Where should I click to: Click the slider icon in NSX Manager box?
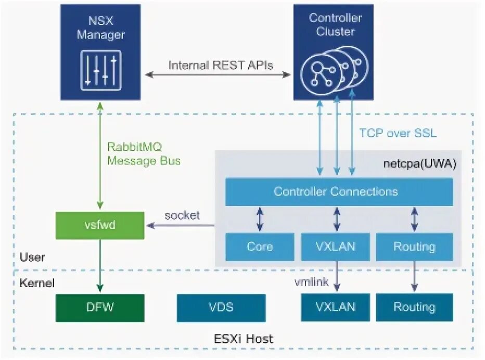point(100,70)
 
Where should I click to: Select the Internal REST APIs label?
point(221,66)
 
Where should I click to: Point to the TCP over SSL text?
point(398,133)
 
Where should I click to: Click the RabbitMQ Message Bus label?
point(144,154)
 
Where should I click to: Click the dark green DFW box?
point(100,307)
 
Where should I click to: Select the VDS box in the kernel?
point(221,307)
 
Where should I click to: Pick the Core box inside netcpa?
point(260,247)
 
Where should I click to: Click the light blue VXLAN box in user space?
point(336,247)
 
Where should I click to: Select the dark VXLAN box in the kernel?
point(336,307)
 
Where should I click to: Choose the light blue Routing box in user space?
point(414,247)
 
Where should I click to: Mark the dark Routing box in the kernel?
point(414,307)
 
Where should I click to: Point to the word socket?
point(182,215)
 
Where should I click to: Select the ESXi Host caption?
point(244,339)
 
